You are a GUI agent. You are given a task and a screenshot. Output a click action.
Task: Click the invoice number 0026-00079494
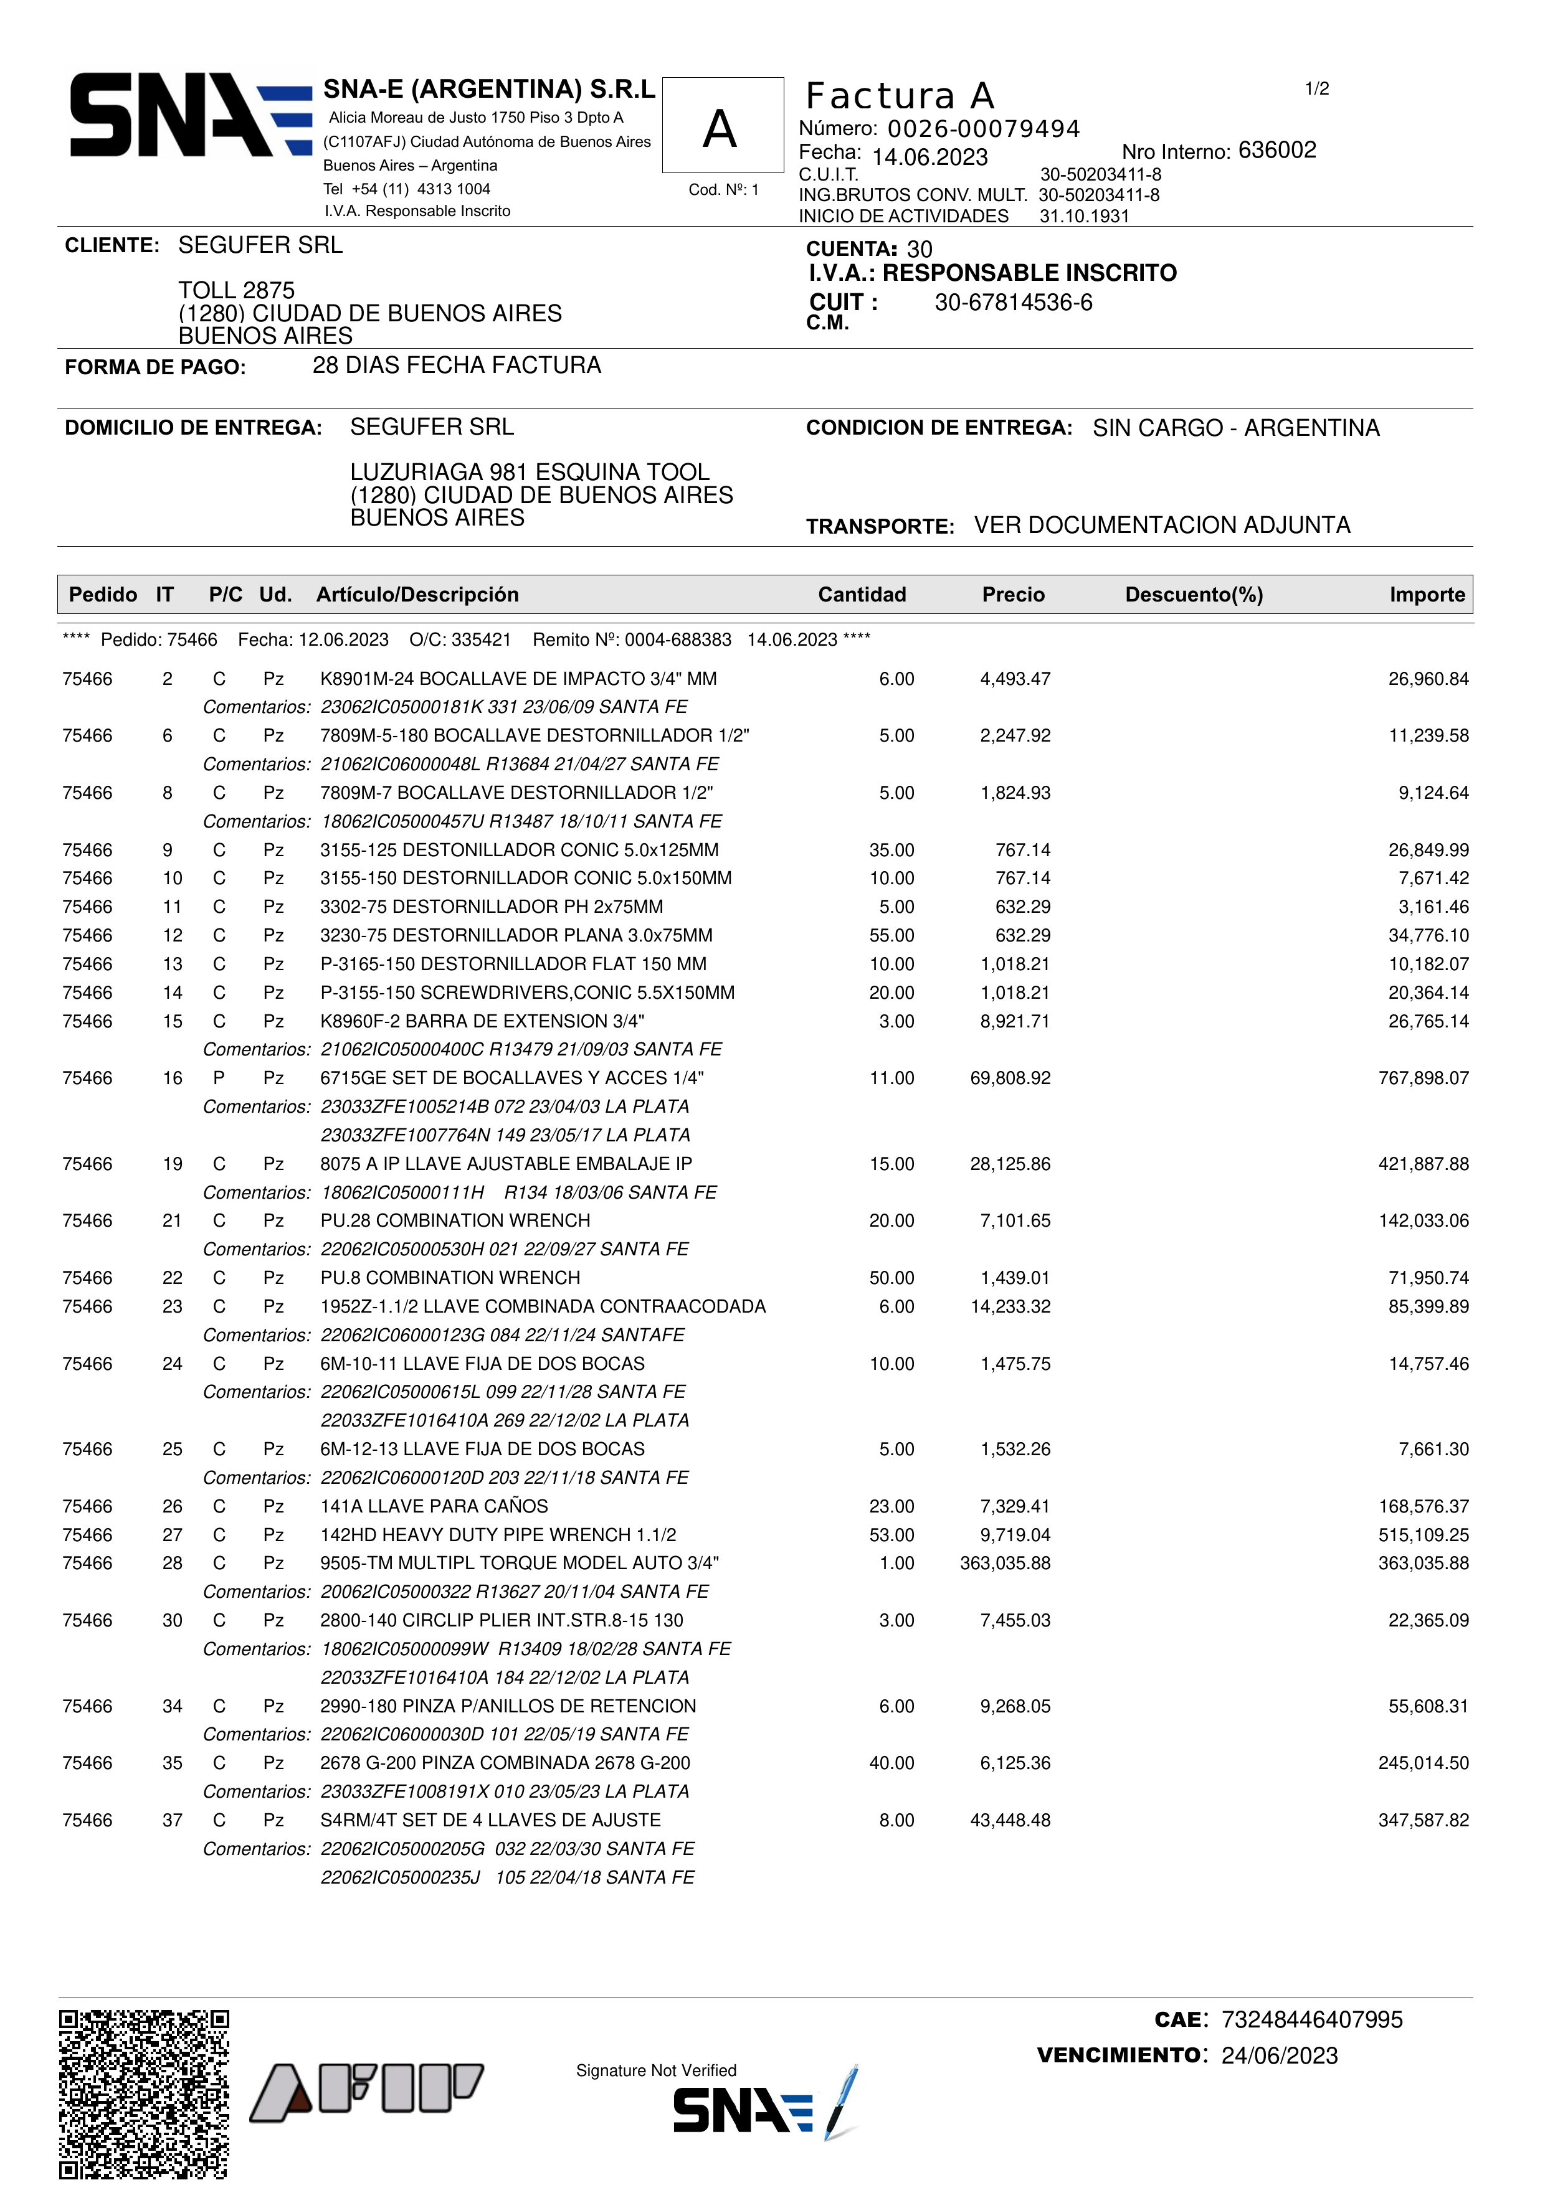click(982, 130)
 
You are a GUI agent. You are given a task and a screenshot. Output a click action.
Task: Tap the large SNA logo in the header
click(191, 115)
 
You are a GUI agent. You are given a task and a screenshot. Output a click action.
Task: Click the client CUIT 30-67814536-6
click(1013, 303)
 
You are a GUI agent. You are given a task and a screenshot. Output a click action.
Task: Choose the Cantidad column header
click(862, 595)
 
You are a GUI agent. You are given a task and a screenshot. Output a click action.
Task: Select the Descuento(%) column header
click(1194, 595)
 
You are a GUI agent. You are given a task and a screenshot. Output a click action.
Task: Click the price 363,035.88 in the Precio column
click(1005, 1564)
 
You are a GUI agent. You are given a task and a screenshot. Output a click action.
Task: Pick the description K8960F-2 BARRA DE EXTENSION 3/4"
click(482, 1021)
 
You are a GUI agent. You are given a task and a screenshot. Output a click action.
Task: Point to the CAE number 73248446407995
click(1312, 2019)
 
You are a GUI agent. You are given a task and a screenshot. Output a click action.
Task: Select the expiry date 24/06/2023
click(1280, 2055)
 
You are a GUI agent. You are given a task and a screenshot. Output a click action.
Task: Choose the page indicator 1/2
click(1316, 90)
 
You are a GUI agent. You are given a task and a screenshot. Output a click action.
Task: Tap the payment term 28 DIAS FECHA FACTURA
click(456, 366)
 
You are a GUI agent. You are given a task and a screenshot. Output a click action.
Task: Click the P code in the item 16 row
click(219, 1078)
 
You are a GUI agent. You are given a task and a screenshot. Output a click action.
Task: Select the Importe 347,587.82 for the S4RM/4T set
click(1423, 1821)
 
